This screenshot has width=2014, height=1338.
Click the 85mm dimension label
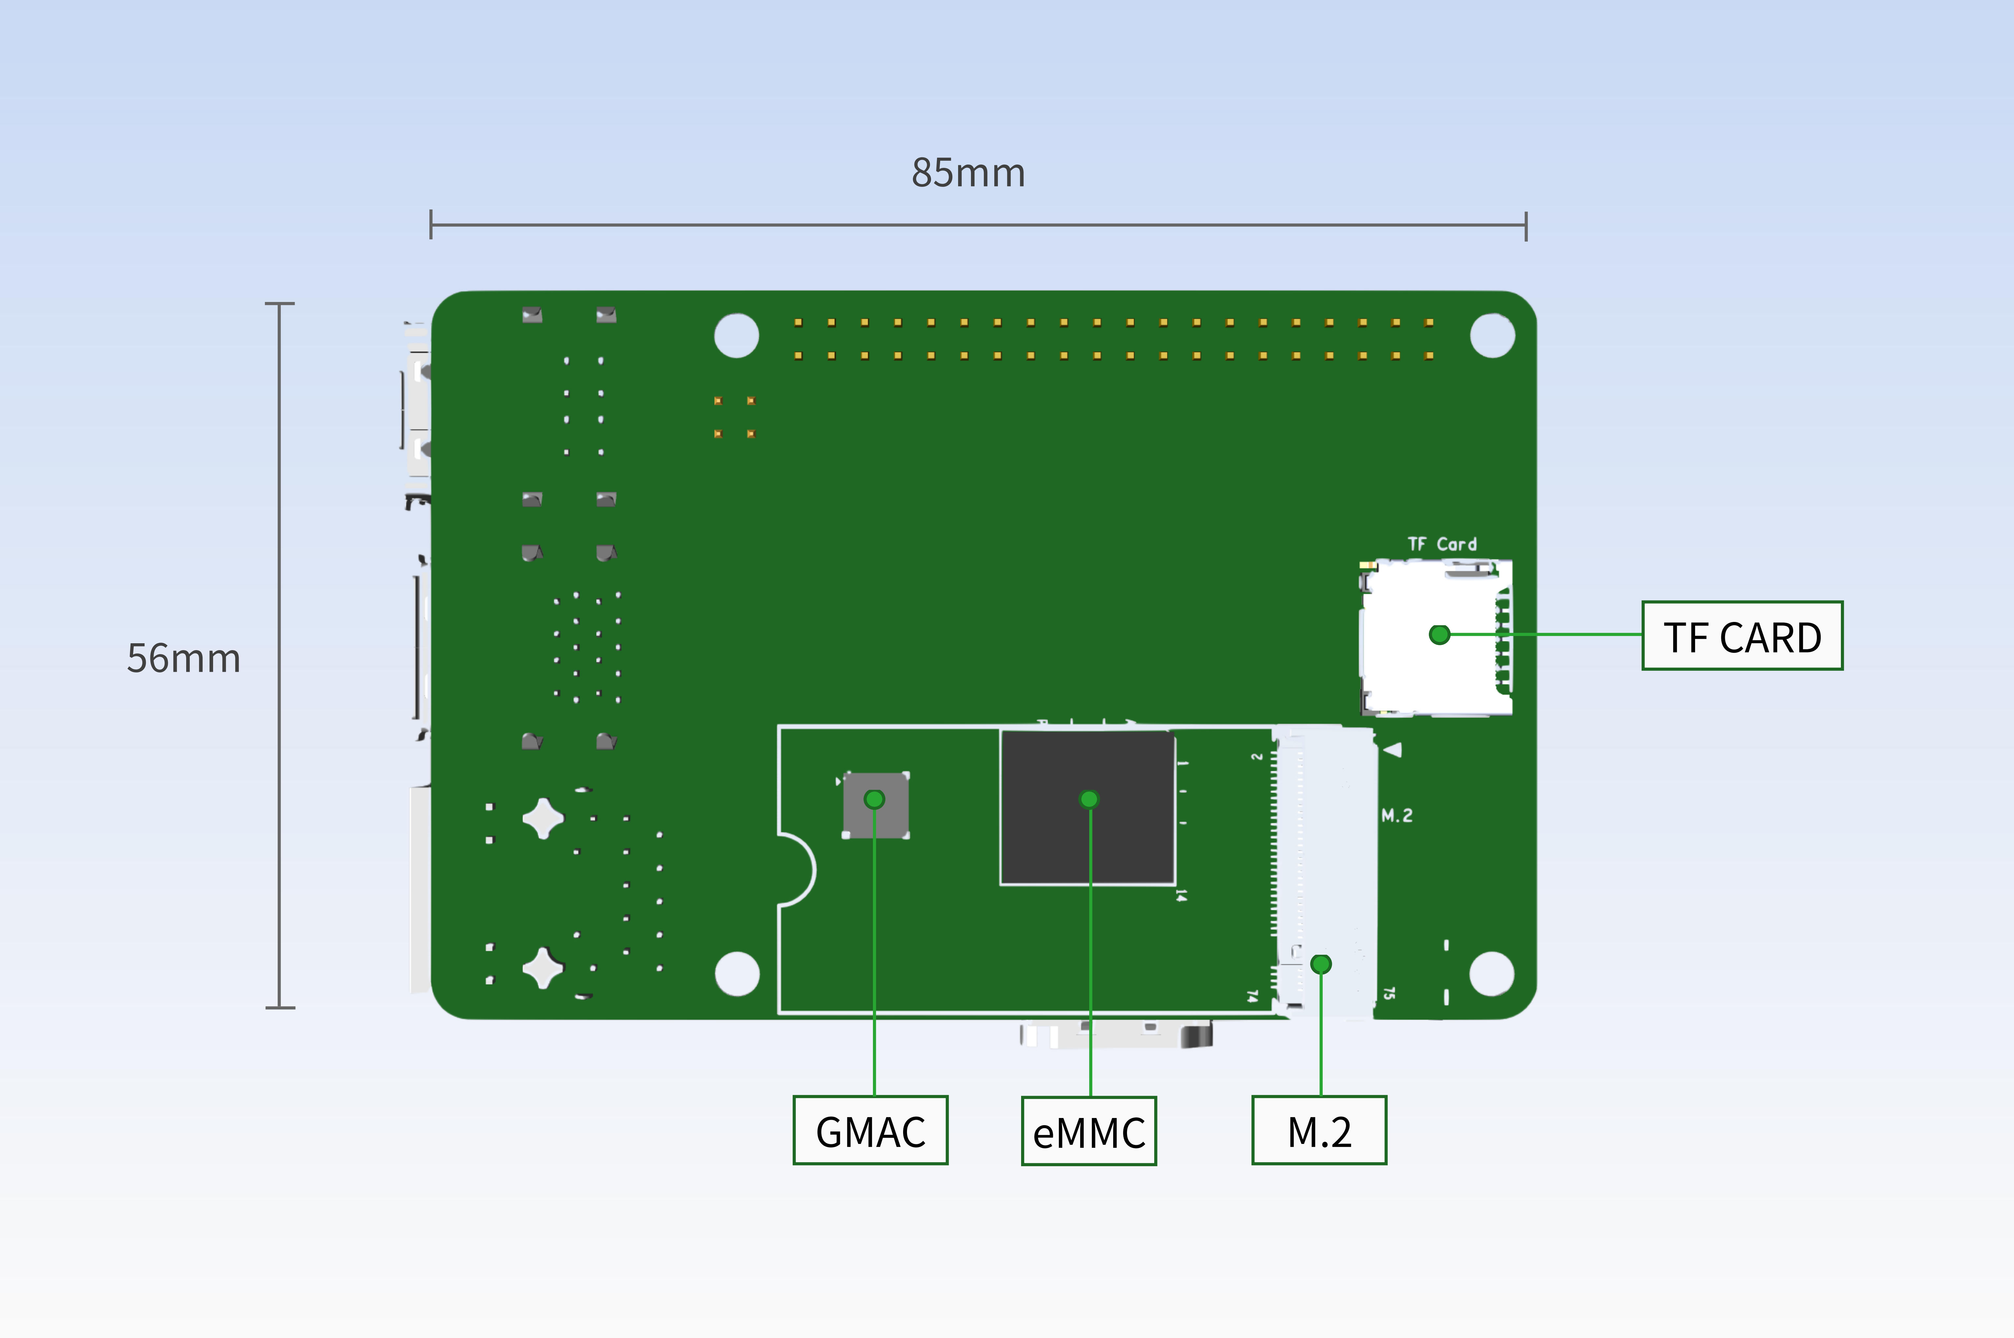(968, 173)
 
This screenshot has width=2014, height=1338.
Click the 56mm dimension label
(183, 658)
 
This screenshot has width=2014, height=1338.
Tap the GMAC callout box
(870, 1131)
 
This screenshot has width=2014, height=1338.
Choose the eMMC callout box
(1089, 1131)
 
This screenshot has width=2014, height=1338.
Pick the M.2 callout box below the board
(1319, 1131)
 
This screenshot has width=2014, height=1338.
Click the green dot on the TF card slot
(1439, 635)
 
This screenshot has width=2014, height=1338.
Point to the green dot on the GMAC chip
(874, 800)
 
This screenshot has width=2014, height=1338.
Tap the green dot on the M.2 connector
(1320, 964)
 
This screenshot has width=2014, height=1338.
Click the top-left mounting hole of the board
(736, 335)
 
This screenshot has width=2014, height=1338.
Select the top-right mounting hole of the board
(1492, 335)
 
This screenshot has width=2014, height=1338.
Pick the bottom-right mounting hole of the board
(1492, 974)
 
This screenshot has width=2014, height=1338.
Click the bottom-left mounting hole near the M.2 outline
(737, 974)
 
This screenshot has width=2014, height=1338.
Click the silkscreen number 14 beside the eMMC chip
(1181, 895)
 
